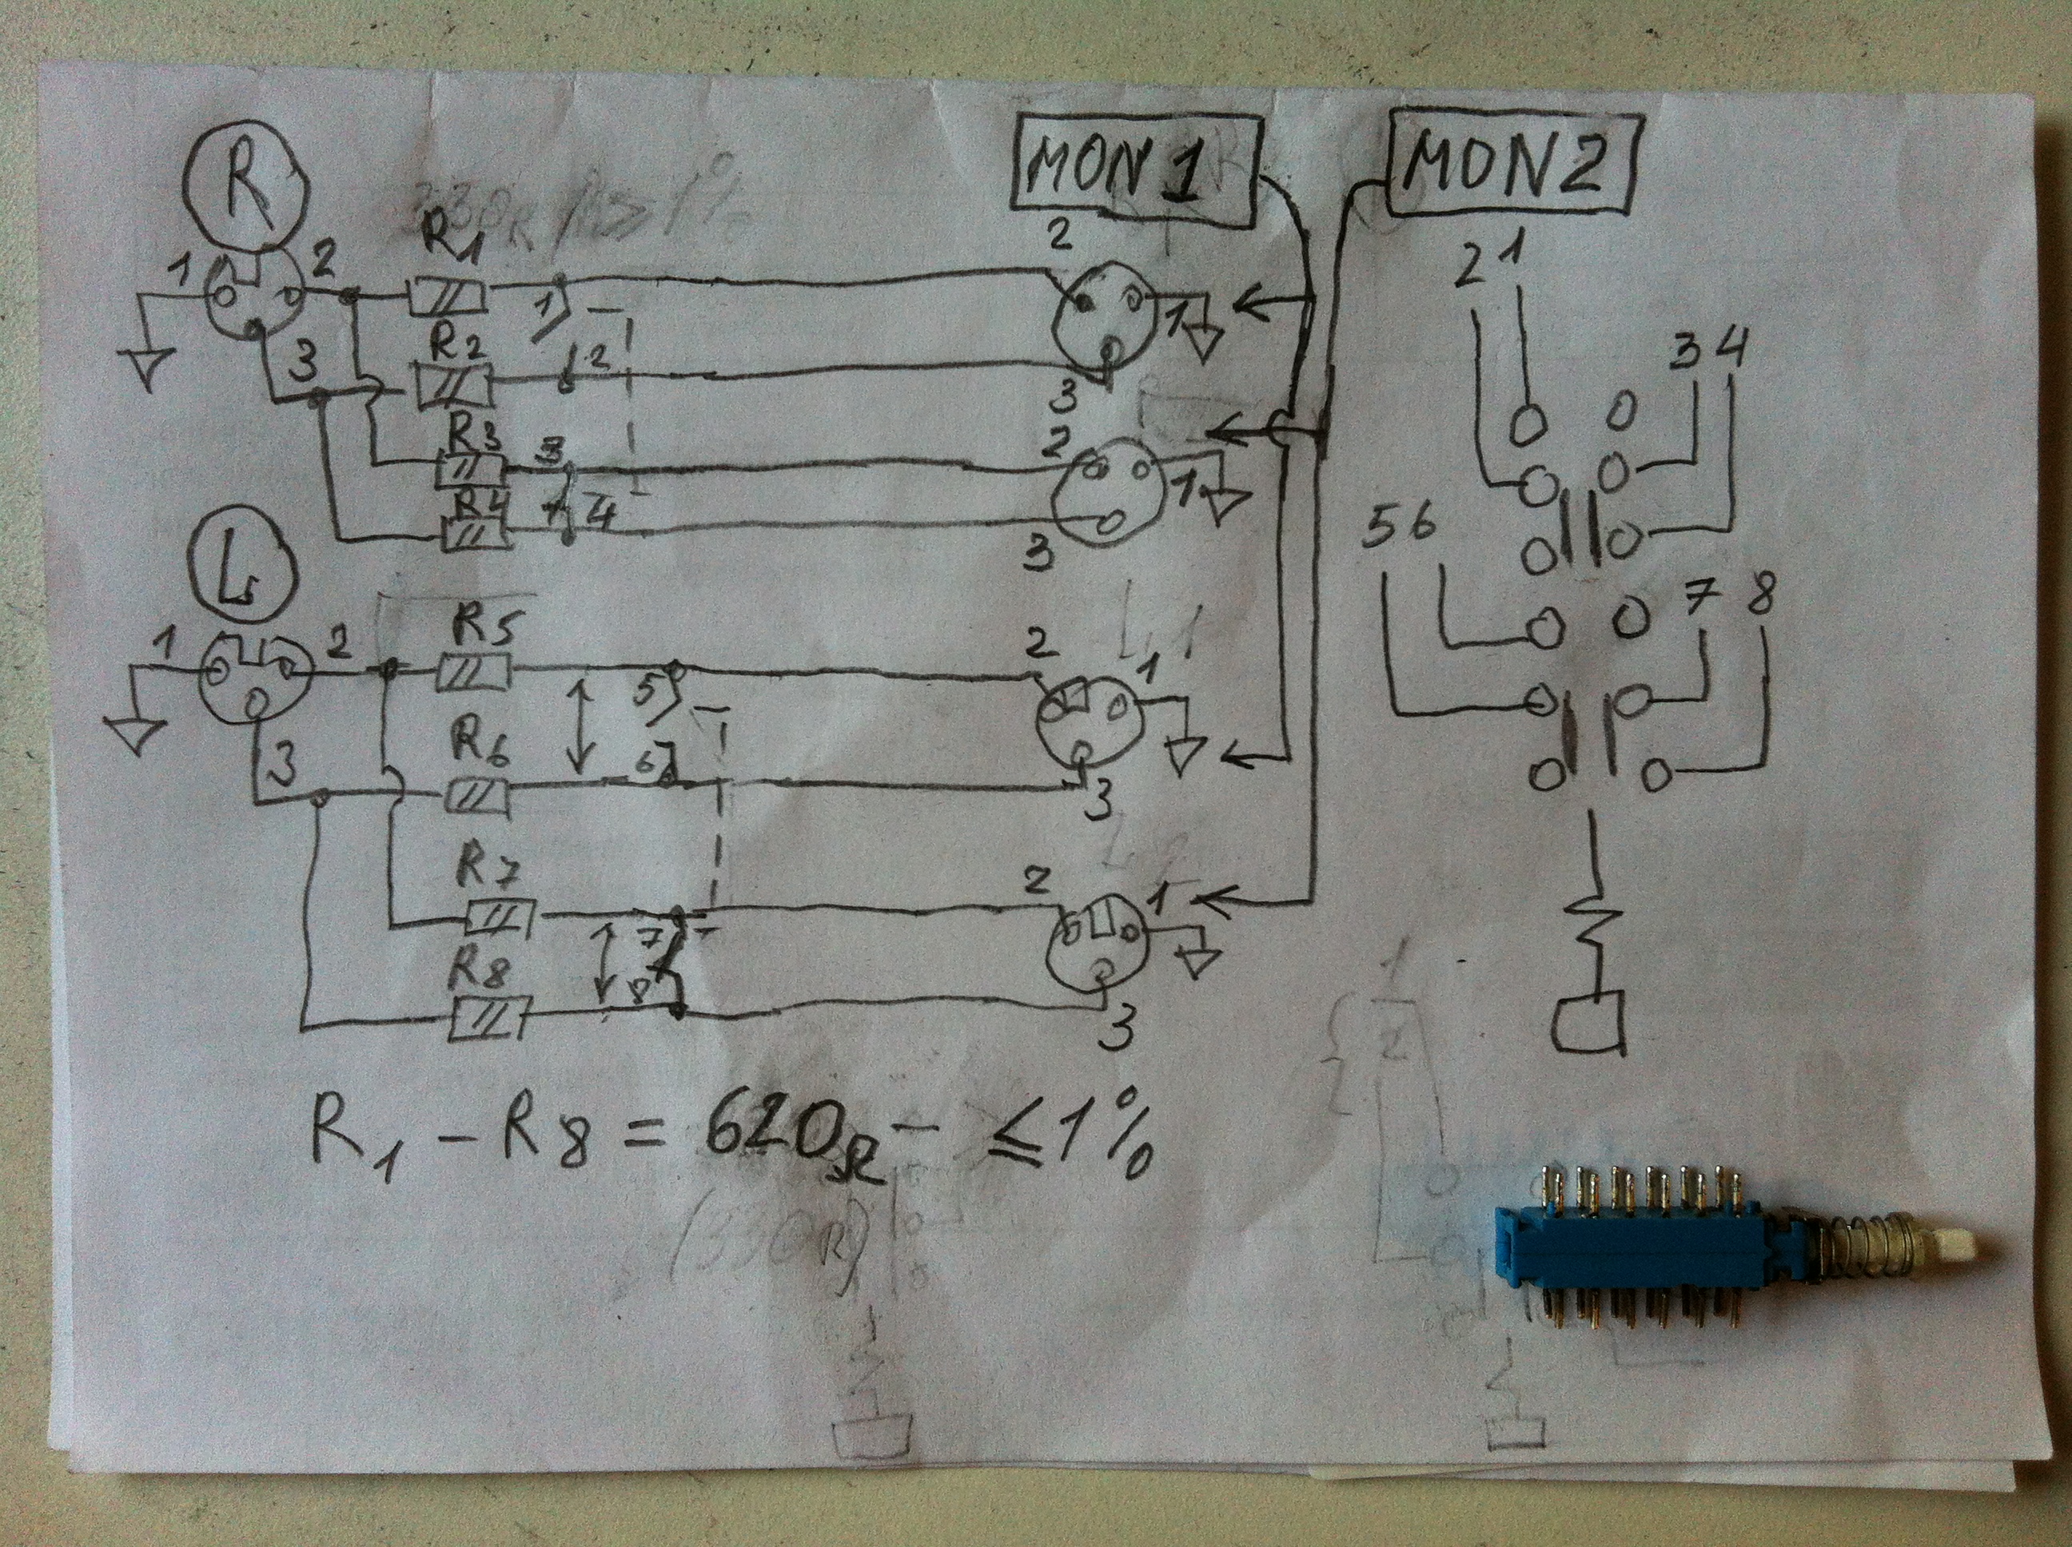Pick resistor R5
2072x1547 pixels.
point(473,670)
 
